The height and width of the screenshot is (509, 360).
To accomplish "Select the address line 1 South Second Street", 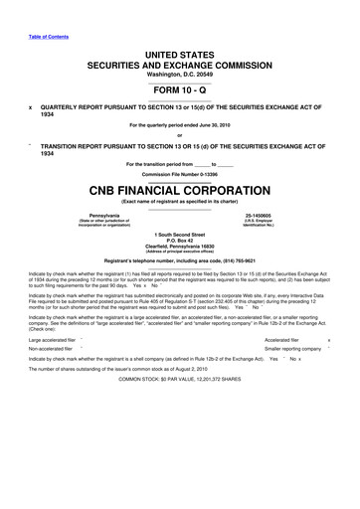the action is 180,234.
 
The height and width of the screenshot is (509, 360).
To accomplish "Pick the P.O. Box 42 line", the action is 180,241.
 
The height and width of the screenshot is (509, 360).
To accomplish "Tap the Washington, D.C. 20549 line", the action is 180,76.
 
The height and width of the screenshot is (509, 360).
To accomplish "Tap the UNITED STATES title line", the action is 180,51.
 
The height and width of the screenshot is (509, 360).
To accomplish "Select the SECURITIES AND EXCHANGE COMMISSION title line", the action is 180,64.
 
